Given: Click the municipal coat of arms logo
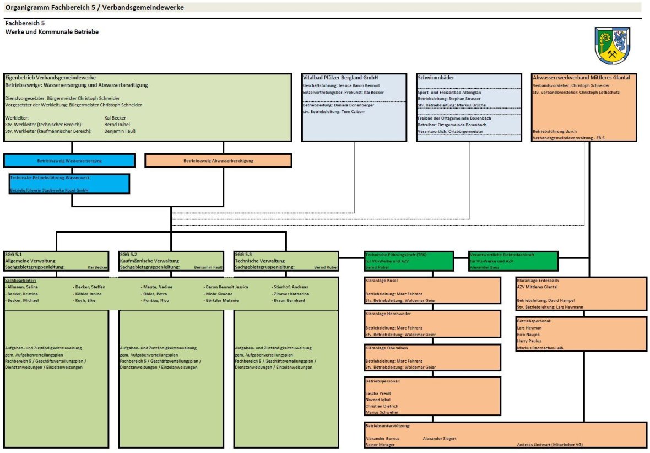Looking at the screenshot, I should (x=612, y=46).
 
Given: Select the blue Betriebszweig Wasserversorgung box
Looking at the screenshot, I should (x=69, y=160).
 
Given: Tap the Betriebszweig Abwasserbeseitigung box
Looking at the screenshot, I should (x=218, y=160).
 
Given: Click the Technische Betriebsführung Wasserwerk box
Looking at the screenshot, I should (x=69, y=184).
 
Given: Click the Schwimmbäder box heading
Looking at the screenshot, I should (x=436, y=78).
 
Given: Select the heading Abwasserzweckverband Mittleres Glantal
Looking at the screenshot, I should (x=581, y=78).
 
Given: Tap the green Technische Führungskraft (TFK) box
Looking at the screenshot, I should (x=409, y=261).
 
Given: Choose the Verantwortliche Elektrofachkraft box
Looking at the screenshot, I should (x=513, y=261).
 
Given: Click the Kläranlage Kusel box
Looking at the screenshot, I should (x=432, y=290).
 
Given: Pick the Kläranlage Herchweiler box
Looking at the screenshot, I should (x=432, y=323).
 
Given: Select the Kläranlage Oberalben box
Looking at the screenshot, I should (x=432, y=357).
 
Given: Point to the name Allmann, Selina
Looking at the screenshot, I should (x=23, y=287).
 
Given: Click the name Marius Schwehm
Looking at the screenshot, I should (x=382, y=412).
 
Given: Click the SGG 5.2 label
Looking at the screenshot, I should (x=128, y=254).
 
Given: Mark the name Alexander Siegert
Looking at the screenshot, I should (x=439, y=438).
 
